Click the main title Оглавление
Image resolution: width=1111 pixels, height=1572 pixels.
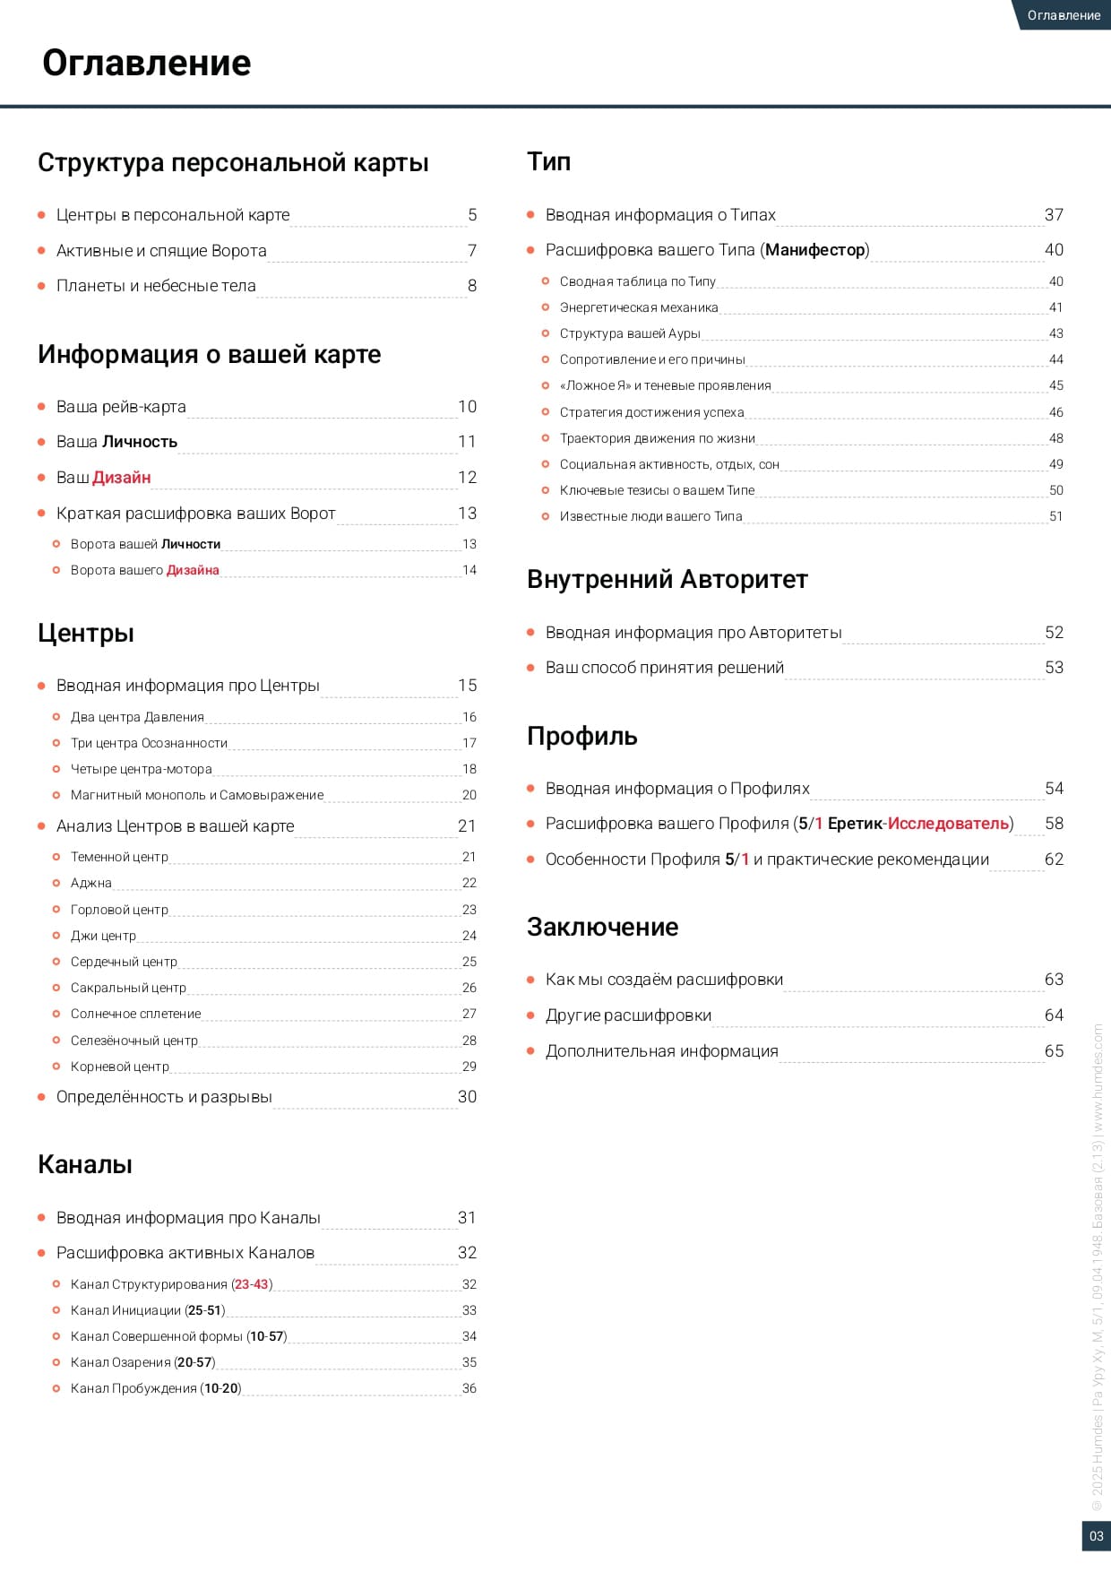click(x=147, y=63)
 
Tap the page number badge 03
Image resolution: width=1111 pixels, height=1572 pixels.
click(x=1096, y=1536)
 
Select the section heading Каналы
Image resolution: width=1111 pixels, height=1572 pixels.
click(x=85, y=1164)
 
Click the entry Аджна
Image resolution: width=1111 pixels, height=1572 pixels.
click(x=91, y=883)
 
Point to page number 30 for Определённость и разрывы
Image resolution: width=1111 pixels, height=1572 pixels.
click(x=467, y=1097)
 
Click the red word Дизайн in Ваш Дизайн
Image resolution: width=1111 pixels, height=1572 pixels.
click(x=122, y=478)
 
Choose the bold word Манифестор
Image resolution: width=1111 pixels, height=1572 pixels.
click(x=815, y=250)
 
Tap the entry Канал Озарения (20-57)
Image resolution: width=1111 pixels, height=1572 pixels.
click(x=143, y=1362)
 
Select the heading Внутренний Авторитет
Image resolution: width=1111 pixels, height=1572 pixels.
click(x=667, y=579)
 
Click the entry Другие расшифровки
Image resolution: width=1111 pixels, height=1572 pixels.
click(x=628, y=1015)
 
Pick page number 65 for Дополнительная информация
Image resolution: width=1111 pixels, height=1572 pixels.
click(x=1054, y=1051)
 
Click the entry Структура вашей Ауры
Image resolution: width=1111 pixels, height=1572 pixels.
click(x=630, y=333)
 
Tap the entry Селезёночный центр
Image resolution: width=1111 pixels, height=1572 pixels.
click(x=134, y=1041)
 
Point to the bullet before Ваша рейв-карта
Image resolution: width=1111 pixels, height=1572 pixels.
click(x=41, y=407)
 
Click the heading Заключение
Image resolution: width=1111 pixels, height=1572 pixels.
click(x=602, y=927)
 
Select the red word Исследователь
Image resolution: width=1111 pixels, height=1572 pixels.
click(x=948, y=824)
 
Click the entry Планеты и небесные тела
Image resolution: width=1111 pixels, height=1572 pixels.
click(x=156, y=286)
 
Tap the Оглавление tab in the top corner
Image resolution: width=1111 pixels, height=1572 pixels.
click(x=1064, y=15)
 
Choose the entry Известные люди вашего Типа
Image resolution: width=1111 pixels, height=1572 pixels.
click(x=650, y=516)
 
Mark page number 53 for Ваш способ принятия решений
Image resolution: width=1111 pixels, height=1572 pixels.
click(x=1054, y=668)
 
